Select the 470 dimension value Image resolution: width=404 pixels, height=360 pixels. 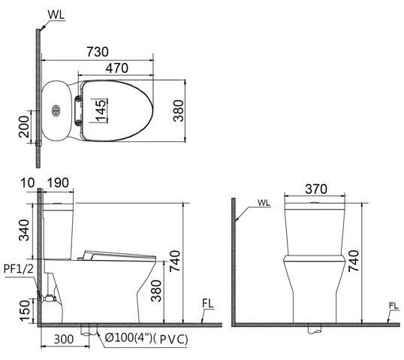pos(116,68)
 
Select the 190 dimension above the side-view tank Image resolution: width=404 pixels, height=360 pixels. pos(58,183)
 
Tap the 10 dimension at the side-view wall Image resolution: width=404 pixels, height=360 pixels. pos(29,183)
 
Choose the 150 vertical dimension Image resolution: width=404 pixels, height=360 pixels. pos(26,307)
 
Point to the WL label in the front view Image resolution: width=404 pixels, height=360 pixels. pos(264,202)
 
